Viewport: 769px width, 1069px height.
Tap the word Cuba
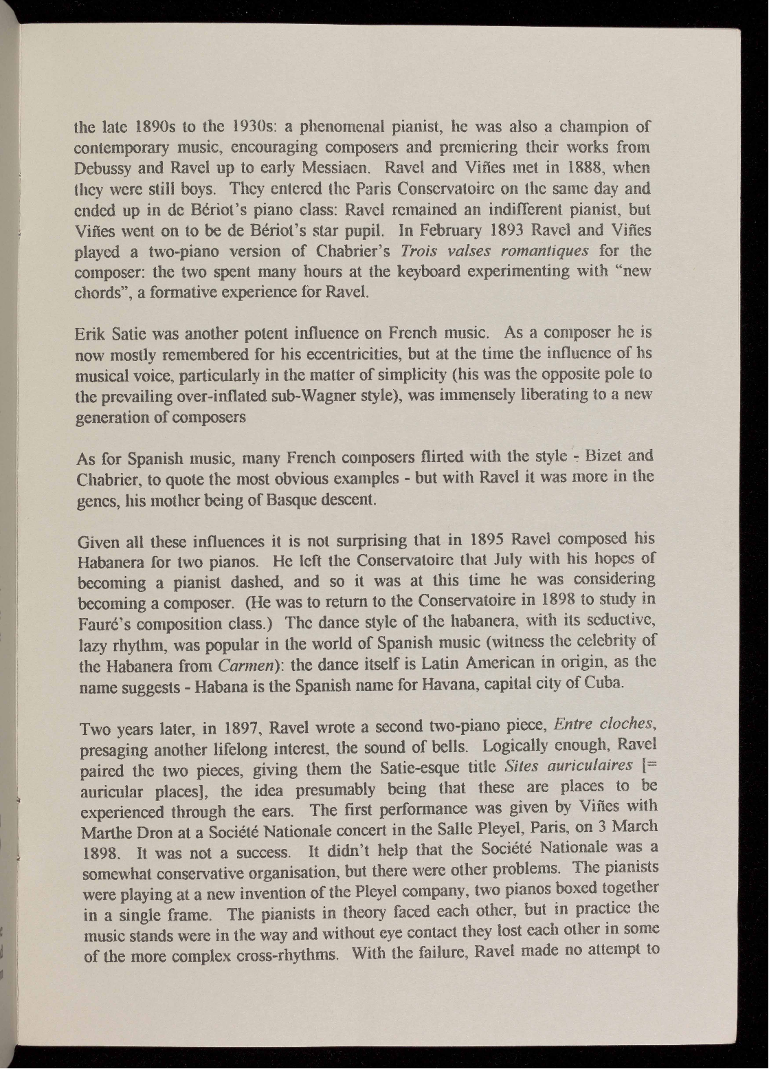pyautogui.click(x=604, y=683)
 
